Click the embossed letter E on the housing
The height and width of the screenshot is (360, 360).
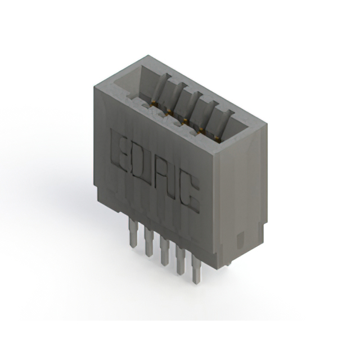[120, 151]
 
